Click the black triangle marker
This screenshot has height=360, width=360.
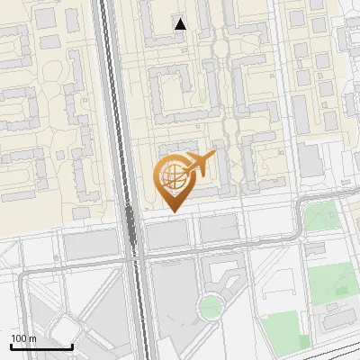point(181,24)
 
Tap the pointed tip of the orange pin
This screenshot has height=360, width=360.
point(172,211)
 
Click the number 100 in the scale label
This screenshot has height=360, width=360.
point(19,338)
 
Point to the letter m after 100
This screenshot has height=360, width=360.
point(33,338)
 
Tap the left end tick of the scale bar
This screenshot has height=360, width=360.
point(11,345)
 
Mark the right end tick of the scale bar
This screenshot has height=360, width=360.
point(72,345)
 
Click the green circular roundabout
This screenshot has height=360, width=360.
point(210,307)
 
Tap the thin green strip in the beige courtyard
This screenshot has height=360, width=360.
point(210,85)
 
